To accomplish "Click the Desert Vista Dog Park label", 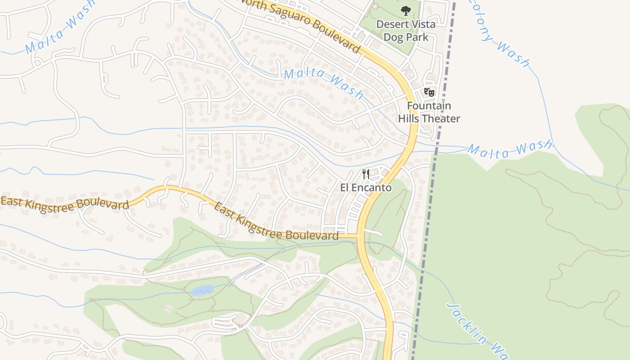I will pyautogui.click(x=406, y=31).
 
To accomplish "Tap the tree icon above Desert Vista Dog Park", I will pyautogui.click(x=406, y=11).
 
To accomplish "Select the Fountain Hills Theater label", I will pyautogui.click(x=429, y=112).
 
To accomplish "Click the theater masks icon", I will pyautogui.click(x=429, y=92).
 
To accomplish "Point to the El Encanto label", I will pyautogui.click(x=366, y=188).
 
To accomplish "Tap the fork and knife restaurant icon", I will pyautogui.click(x=366, y=174).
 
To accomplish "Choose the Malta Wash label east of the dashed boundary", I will pyautogui.click(x=509, y=149).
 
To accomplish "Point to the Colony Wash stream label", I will pyautogui.click(x=499, y=34).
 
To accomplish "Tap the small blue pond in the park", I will pyautogui.click(x=202, y=290).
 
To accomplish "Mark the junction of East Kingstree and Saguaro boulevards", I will pyautogui.click(x=359, y=235).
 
